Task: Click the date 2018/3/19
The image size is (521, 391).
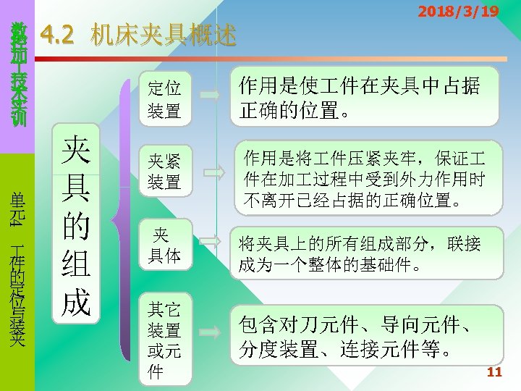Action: [459, 12]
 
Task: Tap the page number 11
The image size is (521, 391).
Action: [495, 373]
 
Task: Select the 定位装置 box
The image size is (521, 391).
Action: [164, 99]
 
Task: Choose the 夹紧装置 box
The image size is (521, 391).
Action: [164, 171]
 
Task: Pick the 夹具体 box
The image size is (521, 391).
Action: [164, 244]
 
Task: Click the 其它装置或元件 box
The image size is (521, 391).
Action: [164, 340]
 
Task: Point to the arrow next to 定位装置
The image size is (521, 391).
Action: [210, 95]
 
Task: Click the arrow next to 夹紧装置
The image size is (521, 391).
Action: [213, 171]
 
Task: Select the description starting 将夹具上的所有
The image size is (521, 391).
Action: [365, 253]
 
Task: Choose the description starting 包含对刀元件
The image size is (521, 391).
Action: [365, 333]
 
